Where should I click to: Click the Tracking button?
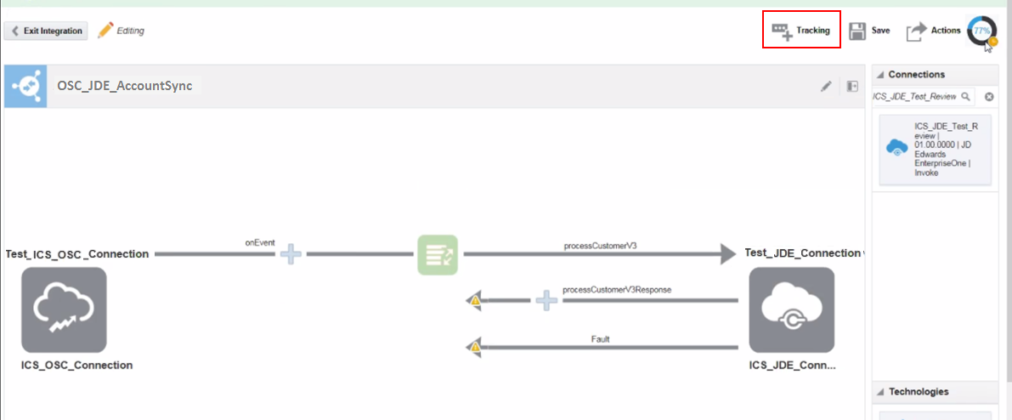(801, 30)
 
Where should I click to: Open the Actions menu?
(933, 31)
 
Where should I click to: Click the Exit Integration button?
(48, 31)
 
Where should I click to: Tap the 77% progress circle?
(982, 30)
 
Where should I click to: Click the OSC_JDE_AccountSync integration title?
(125, 86)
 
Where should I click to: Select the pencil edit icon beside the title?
(826, 86)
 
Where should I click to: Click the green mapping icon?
(438, 254)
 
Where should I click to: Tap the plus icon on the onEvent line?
(291, 254)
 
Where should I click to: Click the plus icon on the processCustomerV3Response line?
(547, 300)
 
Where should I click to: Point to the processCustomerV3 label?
(600, 245)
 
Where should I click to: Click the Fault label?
(600, 339)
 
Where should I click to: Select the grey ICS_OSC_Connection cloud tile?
(64, 309)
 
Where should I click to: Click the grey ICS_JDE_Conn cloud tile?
(791, 309)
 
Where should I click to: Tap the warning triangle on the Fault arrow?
(475, 347)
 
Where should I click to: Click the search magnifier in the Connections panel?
(965, 97)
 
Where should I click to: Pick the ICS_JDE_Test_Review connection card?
(935, 150)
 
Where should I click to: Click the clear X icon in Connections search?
(989, 97)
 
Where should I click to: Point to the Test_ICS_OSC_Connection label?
(77, 253)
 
